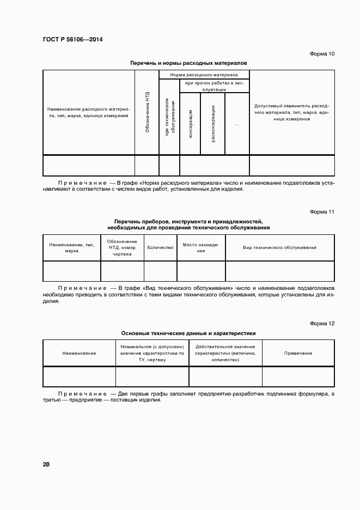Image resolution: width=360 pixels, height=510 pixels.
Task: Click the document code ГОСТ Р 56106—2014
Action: pos(72,40)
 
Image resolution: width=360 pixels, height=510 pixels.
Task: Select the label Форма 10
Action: pos(322,53)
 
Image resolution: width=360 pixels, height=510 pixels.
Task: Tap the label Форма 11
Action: pos(322,211)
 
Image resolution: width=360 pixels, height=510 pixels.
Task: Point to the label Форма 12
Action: pos(322,324)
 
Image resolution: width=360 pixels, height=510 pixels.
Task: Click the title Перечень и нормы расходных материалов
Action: pos(188,63)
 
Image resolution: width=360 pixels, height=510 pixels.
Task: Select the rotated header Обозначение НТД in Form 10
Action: pos(147,113)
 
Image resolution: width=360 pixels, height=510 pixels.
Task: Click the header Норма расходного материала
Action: pos(204,74)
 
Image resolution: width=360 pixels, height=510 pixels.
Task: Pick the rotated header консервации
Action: pos(190,124)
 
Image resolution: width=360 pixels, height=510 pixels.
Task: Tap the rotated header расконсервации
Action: pos(213,124)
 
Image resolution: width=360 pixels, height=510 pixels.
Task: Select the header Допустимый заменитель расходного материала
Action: pos(291,112)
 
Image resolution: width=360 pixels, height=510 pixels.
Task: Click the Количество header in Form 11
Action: pos(161,247)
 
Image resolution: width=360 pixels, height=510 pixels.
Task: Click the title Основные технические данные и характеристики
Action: pos(188,333)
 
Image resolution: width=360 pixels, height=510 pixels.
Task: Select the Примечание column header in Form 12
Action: pos(298,354)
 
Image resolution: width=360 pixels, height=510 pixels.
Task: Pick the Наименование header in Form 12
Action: pos(79,354)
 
